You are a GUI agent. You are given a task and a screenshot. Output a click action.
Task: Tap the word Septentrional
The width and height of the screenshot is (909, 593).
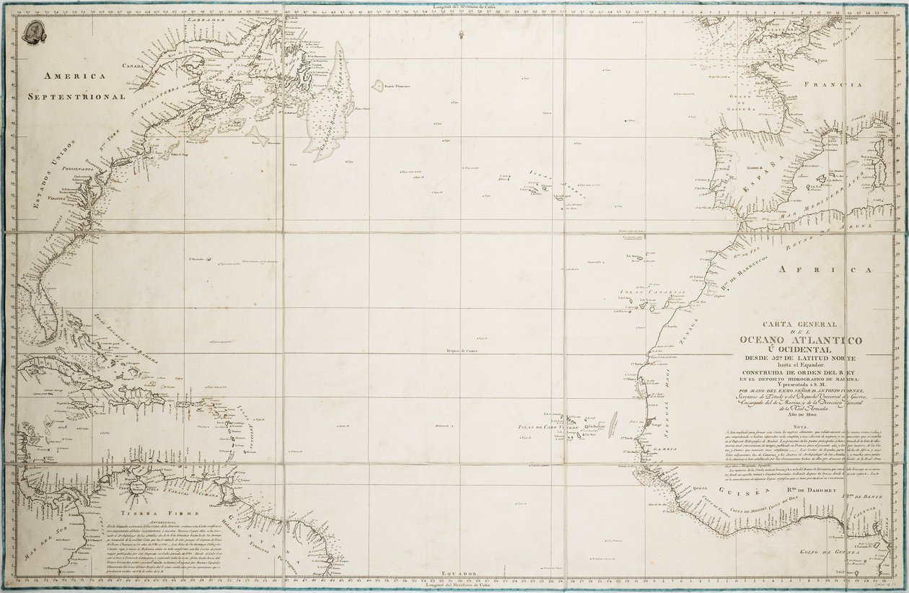[x=76, y=95]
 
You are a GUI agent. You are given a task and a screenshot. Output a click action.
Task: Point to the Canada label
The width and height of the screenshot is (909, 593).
[x=134, y=66]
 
